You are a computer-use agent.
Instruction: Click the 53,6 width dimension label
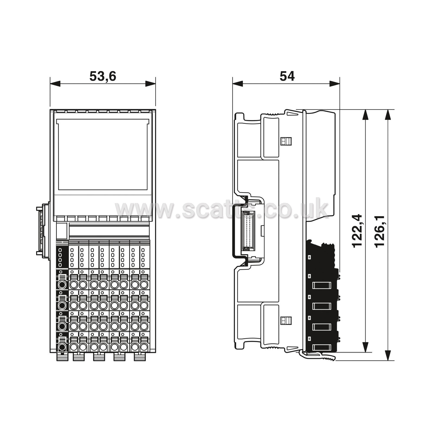coord(103,76)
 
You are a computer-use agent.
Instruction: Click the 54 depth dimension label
coord(287,76)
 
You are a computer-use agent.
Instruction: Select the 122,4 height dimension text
coord(357,231)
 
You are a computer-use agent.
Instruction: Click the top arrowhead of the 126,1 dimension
coord(388,115)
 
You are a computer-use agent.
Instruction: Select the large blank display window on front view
coord(103,155)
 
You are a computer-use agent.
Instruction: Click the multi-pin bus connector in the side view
coord(248,231)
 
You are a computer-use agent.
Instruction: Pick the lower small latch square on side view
coord(286,320)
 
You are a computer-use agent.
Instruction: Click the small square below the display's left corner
coord(62,230)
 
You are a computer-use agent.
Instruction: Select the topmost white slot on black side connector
coord(322,285)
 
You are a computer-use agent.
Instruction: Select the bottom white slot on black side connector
coord(322,348)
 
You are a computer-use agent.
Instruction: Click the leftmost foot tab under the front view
coord(62,357)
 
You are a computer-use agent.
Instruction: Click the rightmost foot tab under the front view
coord(140,357)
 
